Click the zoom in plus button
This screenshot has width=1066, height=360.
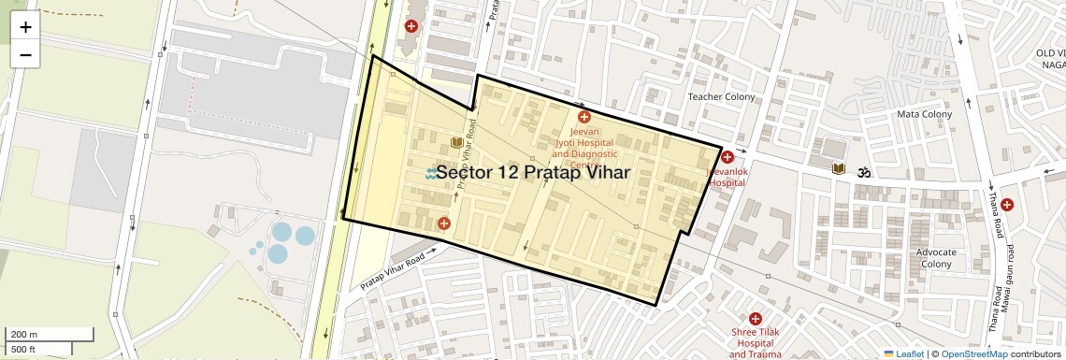(25, 27)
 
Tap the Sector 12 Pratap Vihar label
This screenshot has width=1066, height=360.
(532, 173)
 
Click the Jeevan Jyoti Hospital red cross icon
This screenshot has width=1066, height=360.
(584, 117)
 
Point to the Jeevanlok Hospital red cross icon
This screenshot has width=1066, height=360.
(727, 157)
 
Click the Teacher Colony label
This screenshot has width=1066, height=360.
(721, 97)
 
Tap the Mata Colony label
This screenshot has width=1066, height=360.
(924, 114)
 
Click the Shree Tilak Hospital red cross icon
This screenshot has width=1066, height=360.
(756, 319)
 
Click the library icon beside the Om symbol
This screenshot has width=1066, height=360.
(840, 169)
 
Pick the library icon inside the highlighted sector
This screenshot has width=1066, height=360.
(456, 142)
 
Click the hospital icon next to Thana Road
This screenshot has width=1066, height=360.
(1006, 205)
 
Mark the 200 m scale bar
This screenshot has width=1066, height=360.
(50, 334)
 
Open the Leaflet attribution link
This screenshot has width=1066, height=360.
(903, 353)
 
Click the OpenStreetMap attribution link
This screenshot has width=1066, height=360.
(973, 353)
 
